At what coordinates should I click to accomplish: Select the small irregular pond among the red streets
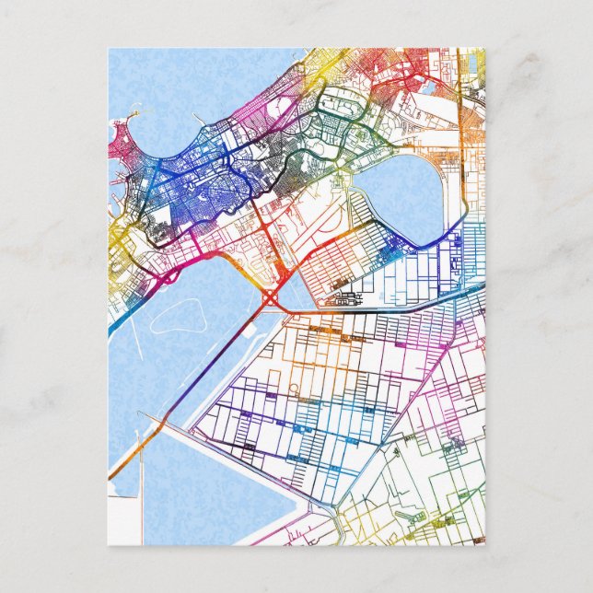(429, 88)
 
